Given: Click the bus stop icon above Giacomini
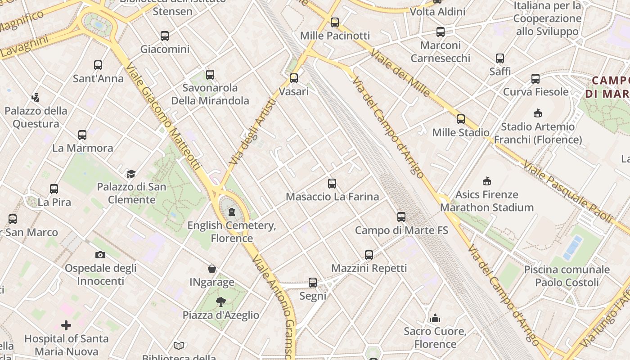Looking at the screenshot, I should (165, 36).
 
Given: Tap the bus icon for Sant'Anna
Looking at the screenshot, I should (98, 65).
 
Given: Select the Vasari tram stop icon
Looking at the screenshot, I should (294, 78).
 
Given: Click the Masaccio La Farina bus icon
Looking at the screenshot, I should (332, 183).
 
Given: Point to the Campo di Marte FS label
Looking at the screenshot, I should (401, 230).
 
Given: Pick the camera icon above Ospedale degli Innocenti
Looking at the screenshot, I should (100, 255).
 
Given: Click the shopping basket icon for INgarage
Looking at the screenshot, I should (212, 269).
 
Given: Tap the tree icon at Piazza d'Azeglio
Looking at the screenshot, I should (220, 301).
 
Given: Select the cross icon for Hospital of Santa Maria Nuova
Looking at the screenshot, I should (66, 325).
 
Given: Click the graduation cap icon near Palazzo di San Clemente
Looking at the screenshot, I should (131, 173).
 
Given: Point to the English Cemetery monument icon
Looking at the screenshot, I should (232, 211).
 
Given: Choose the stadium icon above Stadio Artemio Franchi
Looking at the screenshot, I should (538, 113).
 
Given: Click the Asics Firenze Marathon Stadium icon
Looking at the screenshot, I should (486, 181).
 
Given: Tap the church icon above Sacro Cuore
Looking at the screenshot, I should (435, 318).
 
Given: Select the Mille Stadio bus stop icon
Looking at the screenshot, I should (461, 119).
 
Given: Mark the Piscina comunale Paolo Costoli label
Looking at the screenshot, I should (567, 276).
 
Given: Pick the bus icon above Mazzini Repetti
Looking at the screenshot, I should (369, 255).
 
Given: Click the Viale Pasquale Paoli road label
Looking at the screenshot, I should (568, 191).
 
